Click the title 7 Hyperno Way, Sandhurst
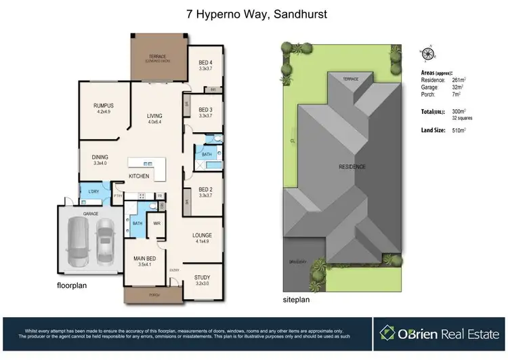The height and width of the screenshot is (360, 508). (x=254, y=13)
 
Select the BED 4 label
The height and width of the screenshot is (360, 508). (x=205, y=64)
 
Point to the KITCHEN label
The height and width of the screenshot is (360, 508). (x=139, y=176)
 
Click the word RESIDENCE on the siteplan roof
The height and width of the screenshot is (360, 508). (x=352, y=167)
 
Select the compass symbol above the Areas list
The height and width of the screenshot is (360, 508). (x=428, y=54)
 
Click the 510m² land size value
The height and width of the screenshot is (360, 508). (x=460, y=130)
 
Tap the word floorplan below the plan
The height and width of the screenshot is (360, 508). (x=72, y=286)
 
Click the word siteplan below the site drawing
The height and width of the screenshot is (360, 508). (x=295, y=298)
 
